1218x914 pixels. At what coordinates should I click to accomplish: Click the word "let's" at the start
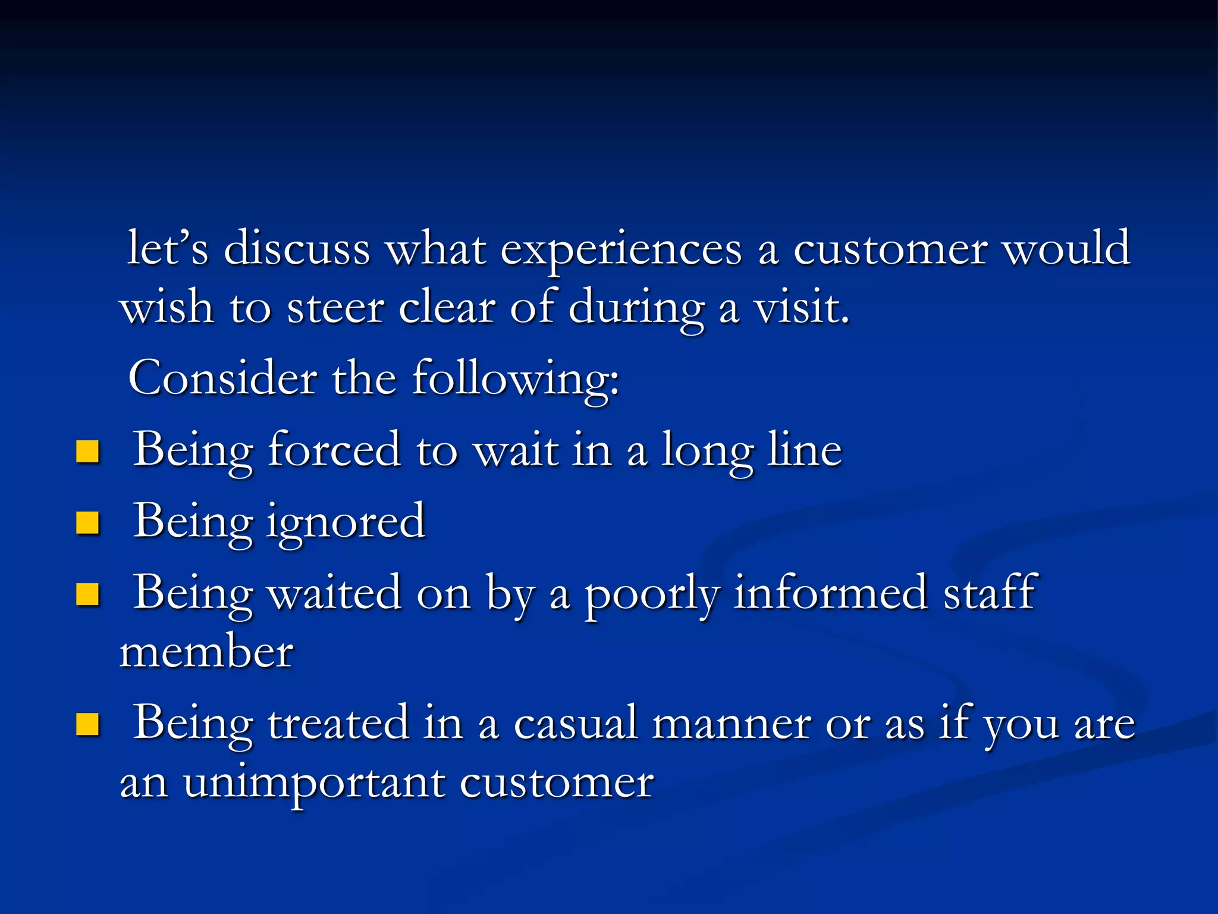click(x=168, y=248)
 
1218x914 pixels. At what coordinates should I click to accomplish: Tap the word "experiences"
click(x=621, y=249)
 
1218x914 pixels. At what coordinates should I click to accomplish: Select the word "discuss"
click(x=297, y=248)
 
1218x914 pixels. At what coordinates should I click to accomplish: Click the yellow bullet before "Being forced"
click(x=87, y=452)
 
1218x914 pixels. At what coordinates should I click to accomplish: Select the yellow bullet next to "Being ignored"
click(x=87, y=523)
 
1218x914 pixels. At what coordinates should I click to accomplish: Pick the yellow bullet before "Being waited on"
click(x=87, y=594)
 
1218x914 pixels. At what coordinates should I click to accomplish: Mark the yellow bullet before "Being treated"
click(x=87, y=725)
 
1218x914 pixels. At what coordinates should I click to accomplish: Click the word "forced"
click(x=334, y=450)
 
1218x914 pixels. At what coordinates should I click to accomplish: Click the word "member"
click(x=206, y=652)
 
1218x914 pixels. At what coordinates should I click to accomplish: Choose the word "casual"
click(x=575, y=724)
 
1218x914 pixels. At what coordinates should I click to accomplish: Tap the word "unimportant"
click(x=313, y=784)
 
